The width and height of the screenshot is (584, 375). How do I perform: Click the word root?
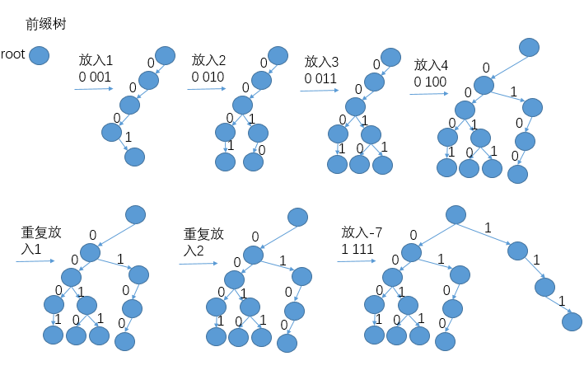click(13, 56)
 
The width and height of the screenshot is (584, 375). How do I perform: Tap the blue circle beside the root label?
click(39, 56)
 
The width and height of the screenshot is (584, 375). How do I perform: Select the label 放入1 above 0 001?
click(96, 60)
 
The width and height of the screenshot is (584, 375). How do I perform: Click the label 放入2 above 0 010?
click(208, 60)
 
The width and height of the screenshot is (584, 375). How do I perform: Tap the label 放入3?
click(322, 62)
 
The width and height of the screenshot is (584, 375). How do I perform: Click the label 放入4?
click(431, 65)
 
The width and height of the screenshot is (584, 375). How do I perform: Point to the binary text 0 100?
click(431, 81)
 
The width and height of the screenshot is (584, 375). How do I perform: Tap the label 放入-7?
click(362, 232)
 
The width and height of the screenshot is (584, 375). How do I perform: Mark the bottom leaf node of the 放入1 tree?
click(133, 157)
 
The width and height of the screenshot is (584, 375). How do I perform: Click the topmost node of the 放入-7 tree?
click(456, 214)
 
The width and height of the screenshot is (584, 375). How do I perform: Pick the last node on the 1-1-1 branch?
click(571, 321)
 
